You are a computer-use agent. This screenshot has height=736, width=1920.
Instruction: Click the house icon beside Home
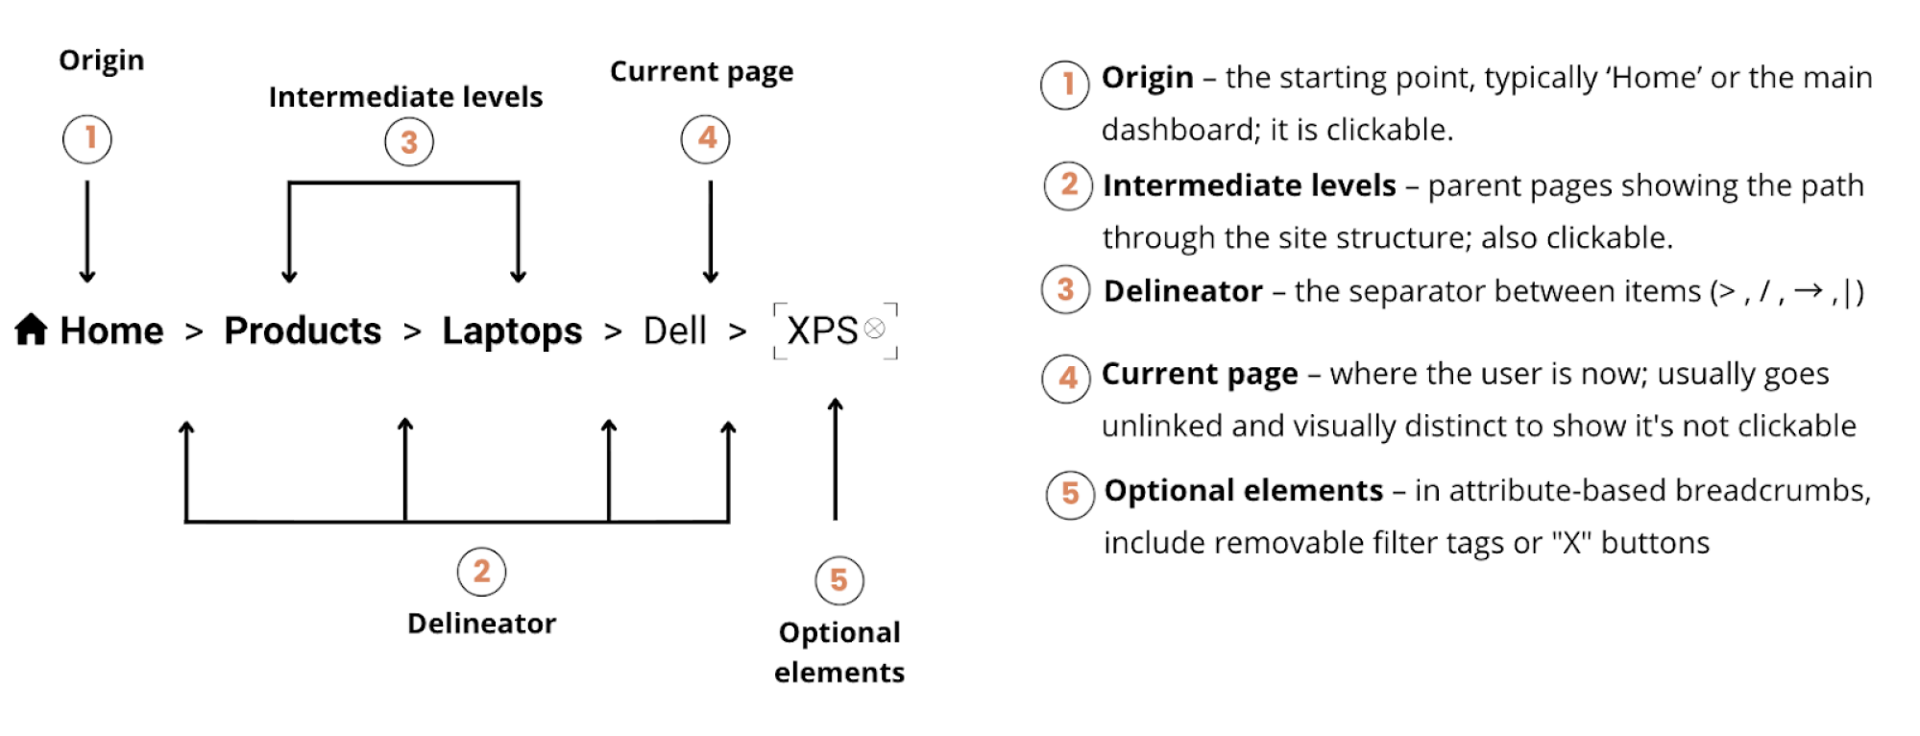pyautogui.click(x=31, y=330)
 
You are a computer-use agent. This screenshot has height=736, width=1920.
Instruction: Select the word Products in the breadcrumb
pyautogui.click(x=303, y=331)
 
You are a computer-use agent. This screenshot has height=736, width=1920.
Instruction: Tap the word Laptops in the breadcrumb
pyautogui.click(x=512, y=331)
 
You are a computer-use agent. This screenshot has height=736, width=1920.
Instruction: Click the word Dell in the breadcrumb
pyautogui.click(x=674, y=331)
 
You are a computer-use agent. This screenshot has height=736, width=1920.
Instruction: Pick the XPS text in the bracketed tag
pyautogui.click(x=821, y=331)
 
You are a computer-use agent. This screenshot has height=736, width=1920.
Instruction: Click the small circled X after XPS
pyautogui.click(x=874, y=330)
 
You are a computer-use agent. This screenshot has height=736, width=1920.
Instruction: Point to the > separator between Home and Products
pyautogui.click(x=194, y=332)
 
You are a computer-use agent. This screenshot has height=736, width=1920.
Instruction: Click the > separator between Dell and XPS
pyautogui.click(x=738, y=332)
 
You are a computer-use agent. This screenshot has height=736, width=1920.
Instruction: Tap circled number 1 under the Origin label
pyautogui.click(x=87, y=138)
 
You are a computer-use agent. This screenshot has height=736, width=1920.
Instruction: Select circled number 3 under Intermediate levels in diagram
pyautogui.click(x=409, y=142)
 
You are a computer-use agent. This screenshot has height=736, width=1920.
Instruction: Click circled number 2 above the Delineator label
pyautogui.click(x=481, y=572)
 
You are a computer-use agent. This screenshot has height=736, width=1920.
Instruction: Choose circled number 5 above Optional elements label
pyautogui.click(x=838, y=580)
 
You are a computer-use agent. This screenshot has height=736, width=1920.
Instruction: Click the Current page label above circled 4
pyautogui.click(x=701, y=72)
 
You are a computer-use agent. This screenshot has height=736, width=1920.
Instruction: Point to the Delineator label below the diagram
pyautogui.click(x=481, y=624)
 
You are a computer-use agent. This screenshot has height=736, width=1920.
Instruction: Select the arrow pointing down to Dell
pyautogui.click(x=711, y=231)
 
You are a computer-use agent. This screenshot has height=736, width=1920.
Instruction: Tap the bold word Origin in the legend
pyautogui.click(x=1147, y=77)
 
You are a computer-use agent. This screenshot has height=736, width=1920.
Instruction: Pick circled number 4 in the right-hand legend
pyautogui.click(x=1066, y=378)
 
